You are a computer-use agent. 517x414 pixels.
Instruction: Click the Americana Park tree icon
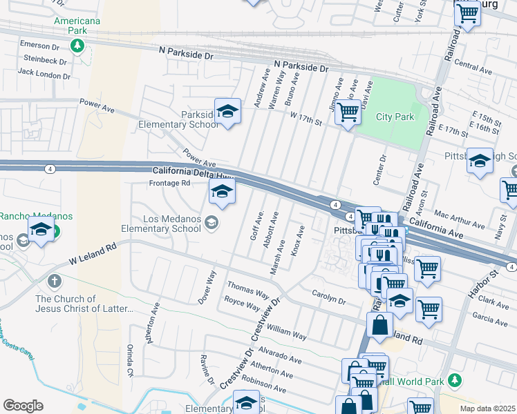[78, 46]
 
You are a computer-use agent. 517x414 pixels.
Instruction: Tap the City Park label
[395, 117]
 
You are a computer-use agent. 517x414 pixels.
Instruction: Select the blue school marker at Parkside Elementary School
[227, 111]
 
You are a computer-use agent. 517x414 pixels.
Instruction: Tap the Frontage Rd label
[169, 183]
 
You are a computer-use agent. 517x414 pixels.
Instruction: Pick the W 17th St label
[306, 119]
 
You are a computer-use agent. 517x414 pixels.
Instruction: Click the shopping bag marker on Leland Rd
[379, 325]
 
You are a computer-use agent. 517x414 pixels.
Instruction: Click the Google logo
[23, 405]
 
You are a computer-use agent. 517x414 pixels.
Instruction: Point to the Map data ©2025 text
[487, 408]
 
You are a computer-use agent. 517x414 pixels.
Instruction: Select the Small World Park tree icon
[454, 380]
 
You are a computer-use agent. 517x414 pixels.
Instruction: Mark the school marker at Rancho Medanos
[41, 230]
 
